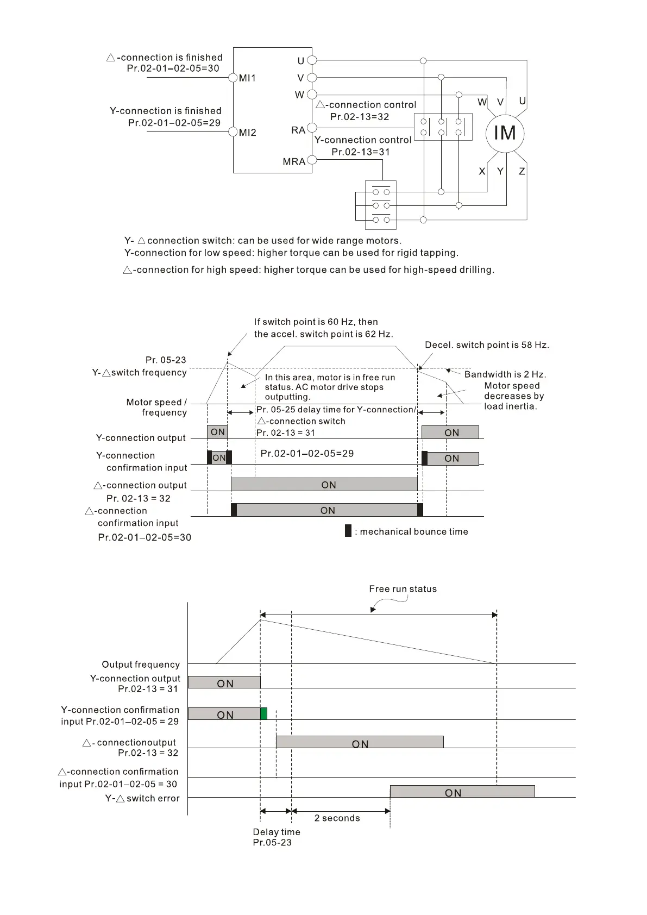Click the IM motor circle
pos(505,133)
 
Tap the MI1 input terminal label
pos(247,78)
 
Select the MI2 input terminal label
pos(247,133)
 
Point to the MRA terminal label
pos(294,161)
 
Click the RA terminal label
pos(298,130)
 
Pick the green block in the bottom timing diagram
pos(264,714)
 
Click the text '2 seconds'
pos(337,818)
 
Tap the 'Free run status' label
pos(403,589)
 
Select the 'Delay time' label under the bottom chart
pos(277,832)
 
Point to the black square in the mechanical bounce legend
pos(348,531)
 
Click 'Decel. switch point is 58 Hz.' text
pos(487,345)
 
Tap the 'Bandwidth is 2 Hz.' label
pos(505,374)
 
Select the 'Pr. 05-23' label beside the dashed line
pos(166,360)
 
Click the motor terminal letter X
pos(482,171)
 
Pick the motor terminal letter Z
pos(522,171)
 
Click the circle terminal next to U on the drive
pos(312,61)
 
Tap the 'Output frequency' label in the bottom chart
pos(141,665)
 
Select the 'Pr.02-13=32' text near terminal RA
pos(360,117)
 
